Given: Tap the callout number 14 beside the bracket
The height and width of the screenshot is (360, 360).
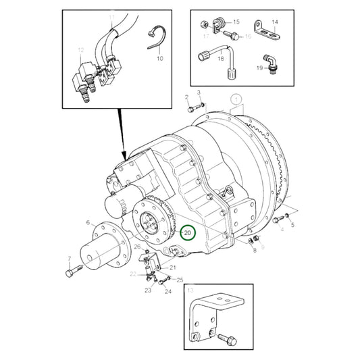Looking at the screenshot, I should tap(275, 22).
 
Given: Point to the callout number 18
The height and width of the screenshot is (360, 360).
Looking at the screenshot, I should tap(221, 59).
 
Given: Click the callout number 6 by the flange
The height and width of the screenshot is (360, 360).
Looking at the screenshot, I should tap(88, 222).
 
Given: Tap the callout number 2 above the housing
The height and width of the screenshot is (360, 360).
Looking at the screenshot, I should tap(186, 98).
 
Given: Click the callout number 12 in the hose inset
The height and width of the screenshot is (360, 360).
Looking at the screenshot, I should tap(80, 50).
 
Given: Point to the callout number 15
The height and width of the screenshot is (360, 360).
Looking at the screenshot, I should tap(236, 22).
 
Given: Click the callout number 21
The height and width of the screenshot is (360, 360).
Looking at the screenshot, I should tap(172, 268).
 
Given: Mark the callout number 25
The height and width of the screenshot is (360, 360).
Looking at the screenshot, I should tap(180, 280).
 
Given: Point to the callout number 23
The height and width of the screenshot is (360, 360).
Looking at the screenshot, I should tap(147, 290).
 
